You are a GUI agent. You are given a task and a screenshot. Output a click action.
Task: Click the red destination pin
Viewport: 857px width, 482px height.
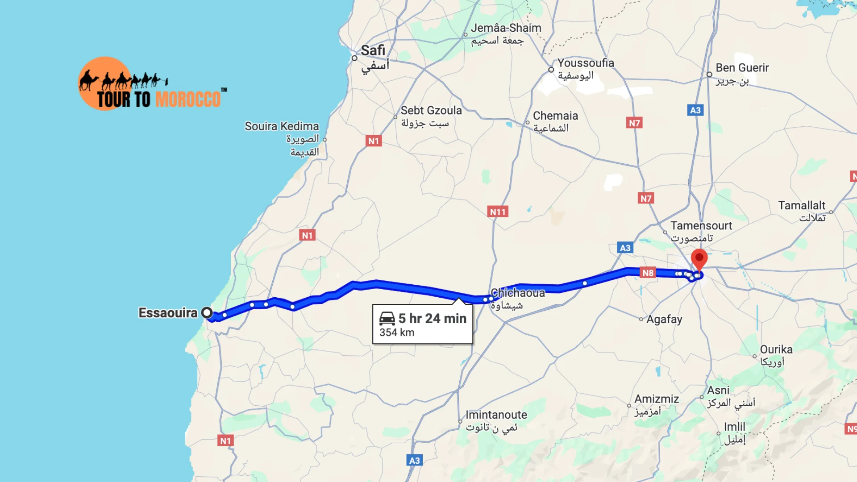click(x=699, y=258)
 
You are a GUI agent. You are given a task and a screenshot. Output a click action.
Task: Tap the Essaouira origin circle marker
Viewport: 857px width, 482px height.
click(x=207, y=312)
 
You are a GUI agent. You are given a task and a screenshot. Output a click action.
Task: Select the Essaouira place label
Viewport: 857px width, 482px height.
click(x=168, y=313)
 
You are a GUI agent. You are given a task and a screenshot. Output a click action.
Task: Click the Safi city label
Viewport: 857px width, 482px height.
click(x=373, y=50)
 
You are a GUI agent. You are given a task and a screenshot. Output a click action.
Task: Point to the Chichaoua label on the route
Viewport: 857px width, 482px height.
click(x=518, y=293)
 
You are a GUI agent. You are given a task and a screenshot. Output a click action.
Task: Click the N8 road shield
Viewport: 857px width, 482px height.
click(x=648, y=273)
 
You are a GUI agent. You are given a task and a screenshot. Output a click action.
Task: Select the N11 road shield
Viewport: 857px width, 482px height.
click(x=498, y=212)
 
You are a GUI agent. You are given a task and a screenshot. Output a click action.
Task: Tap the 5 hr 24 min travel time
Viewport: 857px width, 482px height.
click(x=432, y=318)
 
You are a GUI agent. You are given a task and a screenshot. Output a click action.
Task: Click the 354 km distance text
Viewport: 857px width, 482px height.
click(x=397, y=332)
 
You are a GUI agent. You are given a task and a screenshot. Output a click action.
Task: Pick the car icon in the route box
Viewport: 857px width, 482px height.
click(x=387, y=318)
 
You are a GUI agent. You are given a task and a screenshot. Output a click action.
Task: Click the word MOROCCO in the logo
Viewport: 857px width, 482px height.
click(x=188, y=99)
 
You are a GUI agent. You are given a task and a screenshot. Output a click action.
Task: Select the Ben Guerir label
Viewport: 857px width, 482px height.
click(x=742, y=68)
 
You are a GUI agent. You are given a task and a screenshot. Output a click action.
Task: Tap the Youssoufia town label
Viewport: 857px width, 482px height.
click(x=586, y=63)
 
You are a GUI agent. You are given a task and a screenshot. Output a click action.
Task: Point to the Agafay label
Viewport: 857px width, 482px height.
click(x=664, y=319)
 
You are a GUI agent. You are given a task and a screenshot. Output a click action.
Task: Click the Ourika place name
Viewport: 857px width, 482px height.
click(x=776, y=349)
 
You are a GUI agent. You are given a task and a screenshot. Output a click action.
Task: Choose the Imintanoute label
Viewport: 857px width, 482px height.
click(x=496, y=415)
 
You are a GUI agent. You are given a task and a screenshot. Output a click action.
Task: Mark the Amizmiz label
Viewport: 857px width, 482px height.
click(x=657, y=399)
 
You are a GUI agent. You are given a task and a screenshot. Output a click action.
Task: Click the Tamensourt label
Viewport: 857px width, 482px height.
click(x=701, y=226)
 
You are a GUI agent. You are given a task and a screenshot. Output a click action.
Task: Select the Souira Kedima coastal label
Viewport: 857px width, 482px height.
click(x=282, y=126)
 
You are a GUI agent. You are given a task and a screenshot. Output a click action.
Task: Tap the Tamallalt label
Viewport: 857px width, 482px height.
click(x=802, y=205)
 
